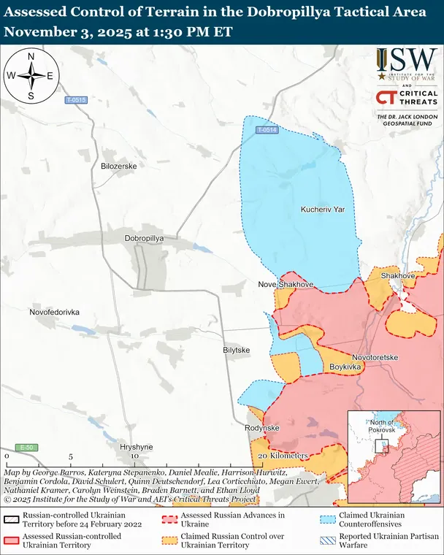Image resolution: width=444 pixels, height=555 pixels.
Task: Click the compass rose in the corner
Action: (31, 76)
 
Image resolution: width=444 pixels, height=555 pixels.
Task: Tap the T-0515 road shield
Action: (75, 100)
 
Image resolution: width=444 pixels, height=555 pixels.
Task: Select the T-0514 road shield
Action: (267, 130)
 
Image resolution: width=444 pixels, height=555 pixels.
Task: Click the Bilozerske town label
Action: (118, 166)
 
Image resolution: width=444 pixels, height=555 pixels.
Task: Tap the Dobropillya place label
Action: (145, 239)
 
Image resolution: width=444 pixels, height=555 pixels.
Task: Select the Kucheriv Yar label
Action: (322, 210)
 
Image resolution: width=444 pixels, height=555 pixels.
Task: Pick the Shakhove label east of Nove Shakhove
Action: (398, 276)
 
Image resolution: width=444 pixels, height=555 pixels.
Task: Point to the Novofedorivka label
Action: (55, 312)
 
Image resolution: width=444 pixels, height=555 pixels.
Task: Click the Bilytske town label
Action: (237, 351)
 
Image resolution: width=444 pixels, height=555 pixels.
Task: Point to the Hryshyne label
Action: (137, 446)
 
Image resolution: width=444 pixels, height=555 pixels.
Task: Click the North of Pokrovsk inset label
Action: (382, 426)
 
